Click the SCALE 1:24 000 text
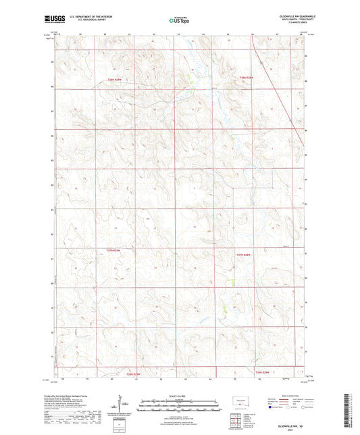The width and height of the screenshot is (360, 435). tap(180, 395)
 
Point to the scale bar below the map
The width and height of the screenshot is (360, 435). tap(180, 406)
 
